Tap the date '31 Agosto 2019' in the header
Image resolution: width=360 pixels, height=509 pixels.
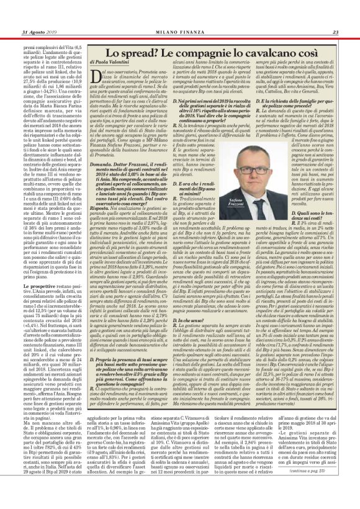39,32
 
